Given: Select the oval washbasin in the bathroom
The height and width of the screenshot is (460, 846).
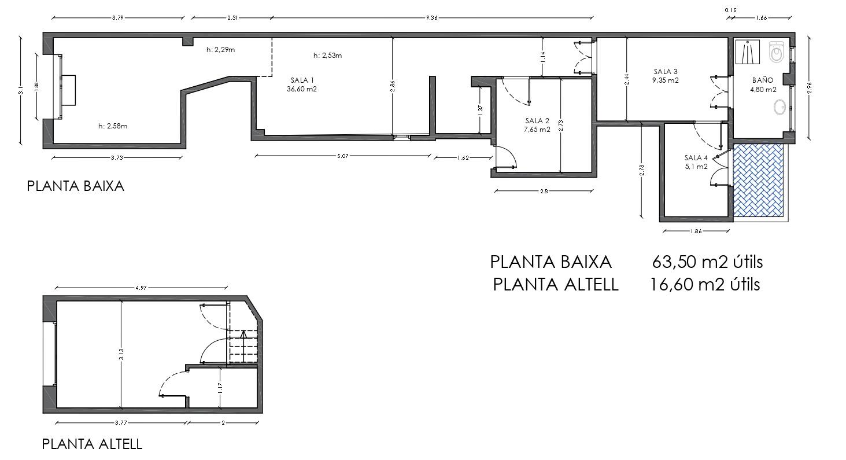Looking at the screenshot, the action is pos(779,108).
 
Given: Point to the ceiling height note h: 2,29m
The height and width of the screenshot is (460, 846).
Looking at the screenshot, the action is pos(220,50).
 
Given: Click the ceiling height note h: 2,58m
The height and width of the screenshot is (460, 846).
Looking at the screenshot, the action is pos(113,126).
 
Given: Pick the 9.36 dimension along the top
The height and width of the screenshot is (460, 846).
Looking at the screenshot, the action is pos(432,18).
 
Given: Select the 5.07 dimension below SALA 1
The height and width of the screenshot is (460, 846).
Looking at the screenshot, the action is pos(342,156).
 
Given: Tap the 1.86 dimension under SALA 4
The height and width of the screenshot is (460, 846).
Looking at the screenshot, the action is pos(696,231).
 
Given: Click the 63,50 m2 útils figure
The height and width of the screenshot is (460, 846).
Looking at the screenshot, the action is pos(707,262).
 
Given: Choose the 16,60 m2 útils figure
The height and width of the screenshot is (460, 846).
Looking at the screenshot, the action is pos(705,285).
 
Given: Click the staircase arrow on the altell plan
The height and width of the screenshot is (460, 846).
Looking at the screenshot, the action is pos(243,345).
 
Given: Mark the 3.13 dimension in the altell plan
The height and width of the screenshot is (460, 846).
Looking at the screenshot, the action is pos(121,354).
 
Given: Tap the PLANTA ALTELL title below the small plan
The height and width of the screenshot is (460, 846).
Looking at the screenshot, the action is pos(92,444).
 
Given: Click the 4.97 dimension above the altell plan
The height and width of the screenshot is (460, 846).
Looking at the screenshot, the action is pos(141,288).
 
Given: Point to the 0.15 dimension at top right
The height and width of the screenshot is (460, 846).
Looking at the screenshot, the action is pos(730,10).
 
